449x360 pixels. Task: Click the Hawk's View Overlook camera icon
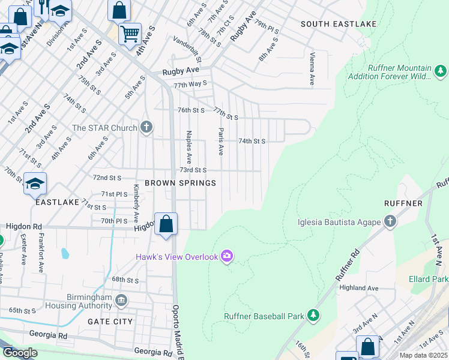point(227,257)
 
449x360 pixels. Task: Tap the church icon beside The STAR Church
point(146,127)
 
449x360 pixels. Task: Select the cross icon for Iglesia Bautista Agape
point(390,221)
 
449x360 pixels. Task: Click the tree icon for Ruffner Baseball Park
point(313,315)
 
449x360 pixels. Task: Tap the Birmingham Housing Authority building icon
point(121,299)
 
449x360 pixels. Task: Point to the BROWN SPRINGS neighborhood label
point(172,183)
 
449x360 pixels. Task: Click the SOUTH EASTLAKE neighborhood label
point(339,24)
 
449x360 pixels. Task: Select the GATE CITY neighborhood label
point(110,322)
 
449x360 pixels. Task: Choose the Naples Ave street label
point(188,147)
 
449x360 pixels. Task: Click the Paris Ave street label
point(221,142)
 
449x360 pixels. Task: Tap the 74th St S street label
point(252,141)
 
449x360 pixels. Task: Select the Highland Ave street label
point(374,288)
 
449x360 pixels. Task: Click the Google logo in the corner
point(20,353)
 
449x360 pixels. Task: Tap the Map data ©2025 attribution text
point(423,355)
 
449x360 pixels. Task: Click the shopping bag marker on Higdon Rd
point(166,224)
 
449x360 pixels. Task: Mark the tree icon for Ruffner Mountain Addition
point(441,72)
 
